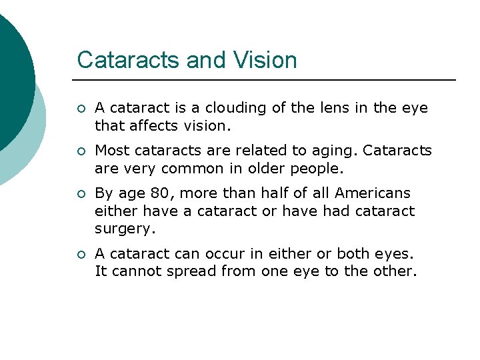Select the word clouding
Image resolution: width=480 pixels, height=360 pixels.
click(230, 107)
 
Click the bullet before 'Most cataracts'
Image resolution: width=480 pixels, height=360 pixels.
click(81, 151)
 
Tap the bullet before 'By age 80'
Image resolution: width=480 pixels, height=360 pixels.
click(81, 194)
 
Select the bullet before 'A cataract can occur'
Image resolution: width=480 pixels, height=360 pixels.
click(81, 255)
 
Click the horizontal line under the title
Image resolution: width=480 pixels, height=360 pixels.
click(267, 80)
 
